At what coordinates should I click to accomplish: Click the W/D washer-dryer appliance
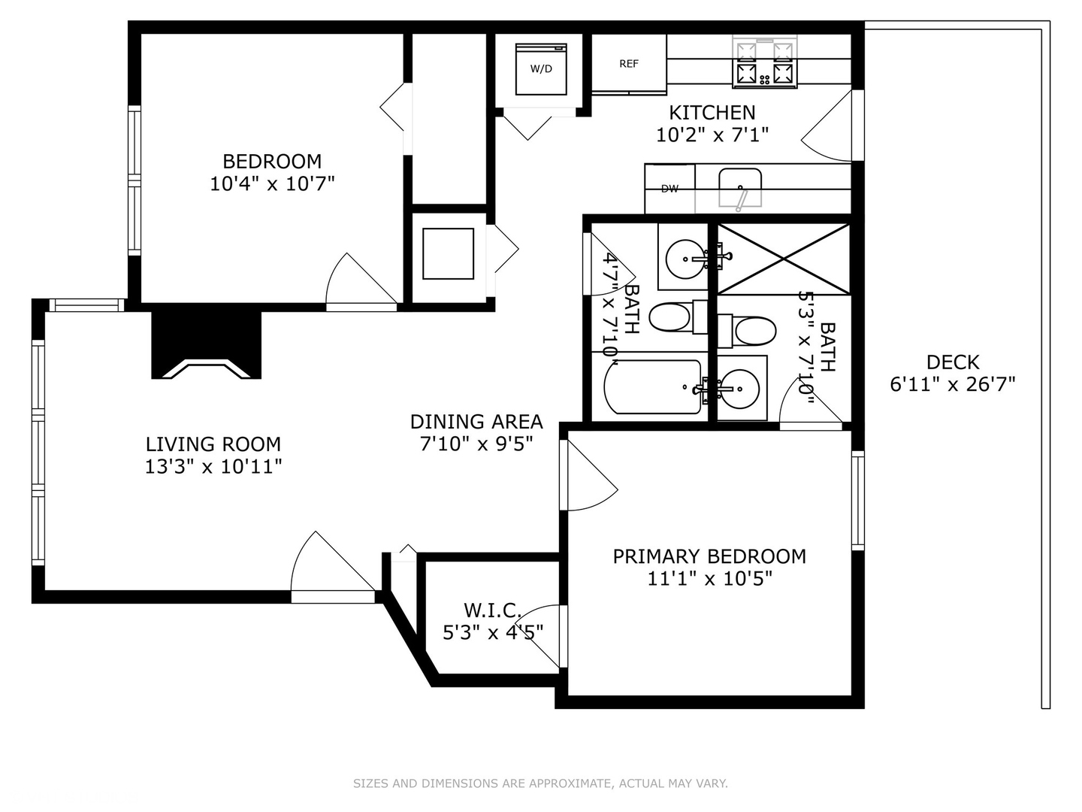[x=541, y=69]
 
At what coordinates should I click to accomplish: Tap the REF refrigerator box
[x=629, y=64]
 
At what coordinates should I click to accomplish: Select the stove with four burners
[x=765, y=62]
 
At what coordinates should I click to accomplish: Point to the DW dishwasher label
[x=669, y=189]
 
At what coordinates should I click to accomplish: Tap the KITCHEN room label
[x=712, y=113]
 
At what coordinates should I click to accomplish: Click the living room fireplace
[x=207, y=346]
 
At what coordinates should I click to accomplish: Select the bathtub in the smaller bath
[x=652, y=387]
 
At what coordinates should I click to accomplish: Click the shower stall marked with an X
[x=784, y=258]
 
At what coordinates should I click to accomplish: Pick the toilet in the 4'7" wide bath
[x=671, y=318]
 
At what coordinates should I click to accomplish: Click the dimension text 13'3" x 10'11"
[x=213, y=467]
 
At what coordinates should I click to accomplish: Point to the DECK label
[x=953, y=362]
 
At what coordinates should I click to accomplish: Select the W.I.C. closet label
[x=492, y=610]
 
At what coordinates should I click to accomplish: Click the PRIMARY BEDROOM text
[x=709, y=556]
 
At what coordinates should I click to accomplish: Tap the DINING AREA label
[x=476, y=422]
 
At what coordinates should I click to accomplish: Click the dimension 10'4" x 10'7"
[x=272, y=183]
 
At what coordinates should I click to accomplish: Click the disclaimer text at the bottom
[x=540, y=783]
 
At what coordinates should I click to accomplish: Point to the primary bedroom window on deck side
[x=857, y=500]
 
